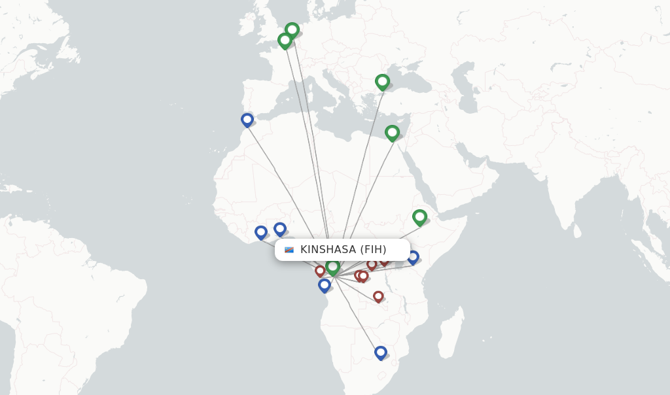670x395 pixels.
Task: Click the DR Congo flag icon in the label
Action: point(289,250)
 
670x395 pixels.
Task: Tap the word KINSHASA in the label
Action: point(328,250)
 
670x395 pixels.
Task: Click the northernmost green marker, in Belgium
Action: point(292,30)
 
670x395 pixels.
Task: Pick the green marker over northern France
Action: point(285,41)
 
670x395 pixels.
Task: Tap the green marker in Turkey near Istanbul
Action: point(383,82)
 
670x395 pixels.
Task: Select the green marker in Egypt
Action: point(392,133)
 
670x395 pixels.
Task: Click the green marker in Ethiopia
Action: point(419,217)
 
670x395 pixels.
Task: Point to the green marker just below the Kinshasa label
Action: point(332,267)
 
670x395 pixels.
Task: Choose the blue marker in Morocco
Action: point(247,120)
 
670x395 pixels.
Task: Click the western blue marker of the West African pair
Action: point(261,232)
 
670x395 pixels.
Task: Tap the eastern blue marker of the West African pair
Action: point(280,229)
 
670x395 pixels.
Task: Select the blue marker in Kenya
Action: point(413,256)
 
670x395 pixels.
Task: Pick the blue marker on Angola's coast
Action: point(325,285)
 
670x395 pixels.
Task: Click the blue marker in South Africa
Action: point(380,352)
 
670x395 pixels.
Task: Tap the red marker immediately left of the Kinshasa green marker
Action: point(320,270)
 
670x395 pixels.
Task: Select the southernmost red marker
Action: point(378,296)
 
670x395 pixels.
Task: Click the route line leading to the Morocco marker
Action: point(281,183)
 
